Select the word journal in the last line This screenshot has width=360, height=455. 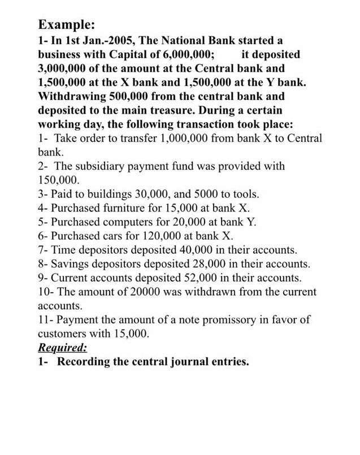[x=182, y=362]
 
